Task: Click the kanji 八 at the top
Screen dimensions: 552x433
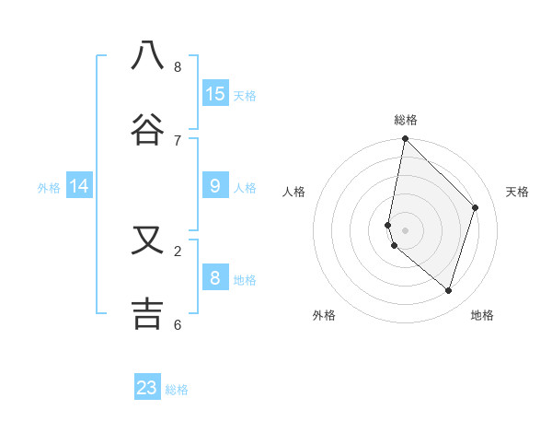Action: point(147,55)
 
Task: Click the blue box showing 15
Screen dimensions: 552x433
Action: point(215,94)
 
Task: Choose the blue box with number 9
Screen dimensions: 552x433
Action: point(215,186)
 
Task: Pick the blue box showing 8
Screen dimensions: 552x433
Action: point(215,278)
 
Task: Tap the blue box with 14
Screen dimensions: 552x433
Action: point(79,186)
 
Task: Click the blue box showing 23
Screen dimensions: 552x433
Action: point(147,388)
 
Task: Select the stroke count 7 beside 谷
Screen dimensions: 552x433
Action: point(178,140)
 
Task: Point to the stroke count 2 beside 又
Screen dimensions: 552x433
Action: point(178,251)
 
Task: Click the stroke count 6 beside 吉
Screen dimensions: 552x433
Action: point(178,324)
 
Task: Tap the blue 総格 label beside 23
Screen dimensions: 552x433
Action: point(177,390)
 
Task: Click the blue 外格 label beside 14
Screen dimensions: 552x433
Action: point(49,188)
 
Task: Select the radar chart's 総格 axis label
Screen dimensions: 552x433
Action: point(406,120)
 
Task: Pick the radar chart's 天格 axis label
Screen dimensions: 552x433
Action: point(517,192)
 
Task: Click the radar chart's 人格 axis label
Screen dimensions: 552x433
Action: point(294,192)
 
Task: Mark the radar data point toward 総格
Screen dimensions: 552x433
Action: point(405,138)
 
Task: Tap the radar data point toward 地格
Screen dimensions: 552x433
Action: point(449,290)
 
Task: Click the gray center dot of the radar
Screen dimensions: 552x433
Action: point(405,229)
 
